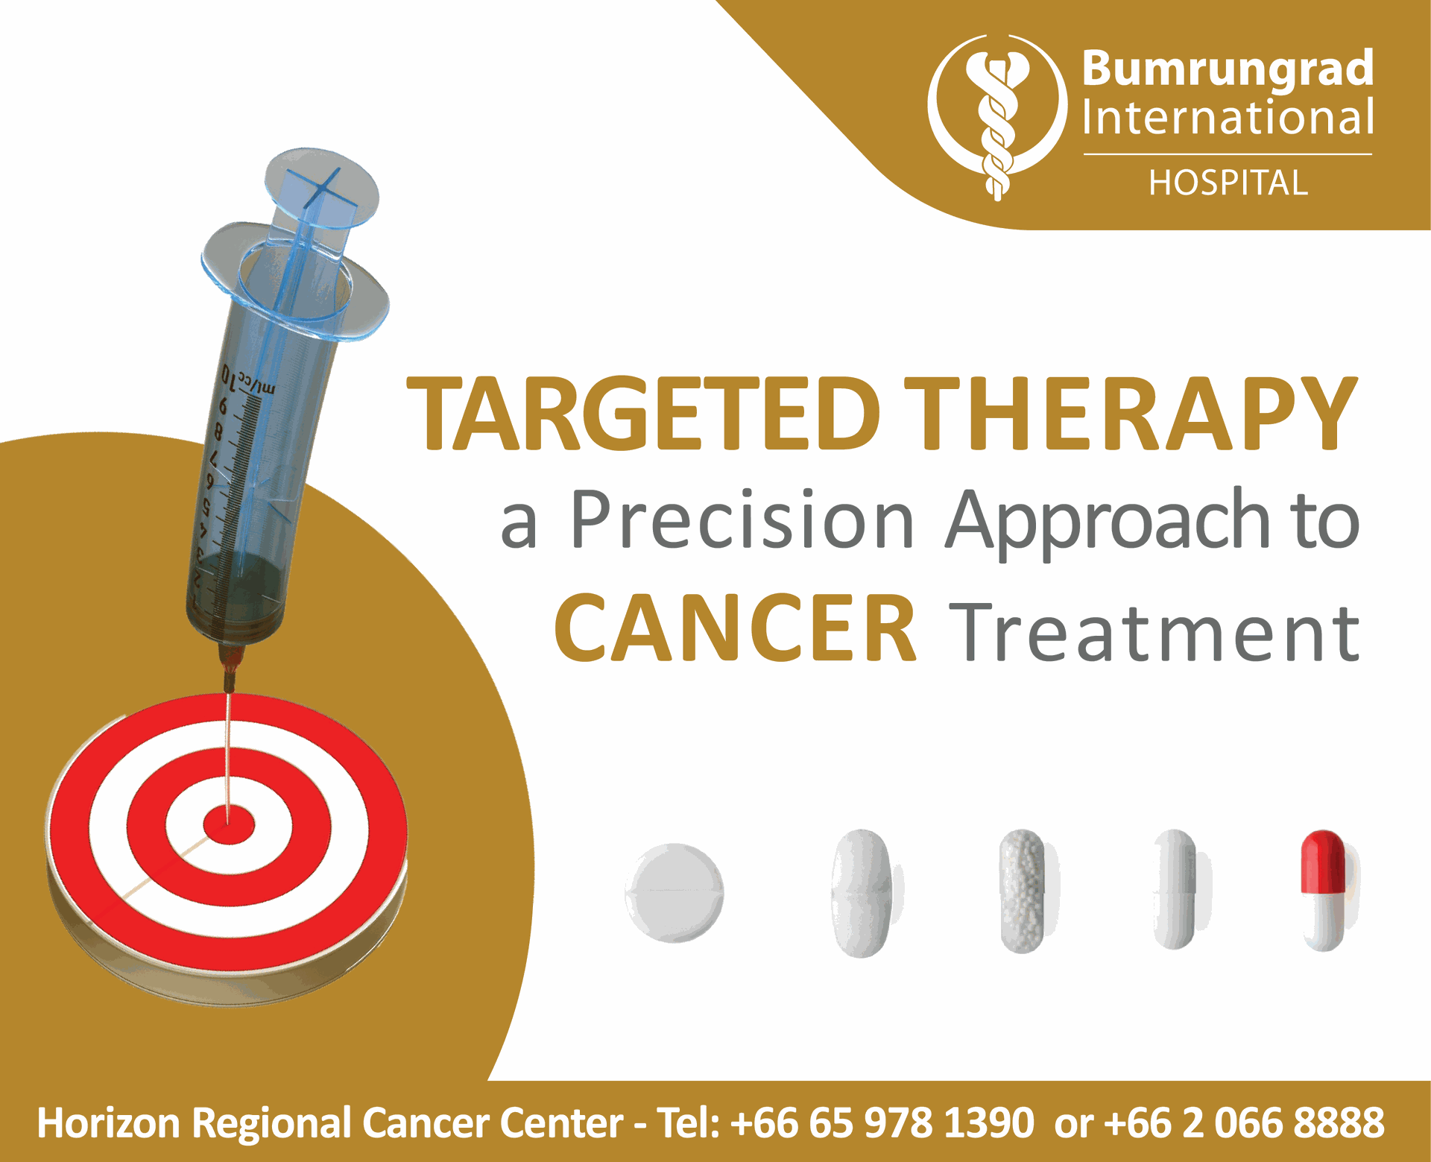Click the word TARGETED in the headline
point(643,414)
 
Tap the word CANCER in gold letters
point(736,628)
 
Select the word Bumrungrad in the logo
point(1228,69)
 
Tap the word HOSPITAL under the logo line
point(1228,183)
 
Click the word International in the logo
point(1228,118)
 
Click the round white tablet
point(675,892)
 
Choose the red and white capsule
point(1324,891)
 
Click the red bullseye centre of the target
point(229,825)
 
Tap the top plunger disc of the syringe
point(322,186)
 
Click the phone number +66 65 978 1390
point(882,1122)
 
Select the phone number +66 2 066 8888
point(1244,1122)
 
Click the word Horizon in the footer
point(109,1122)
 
